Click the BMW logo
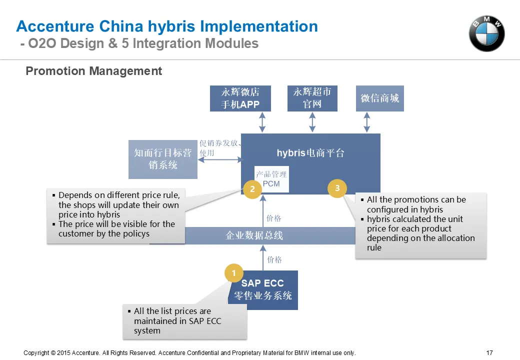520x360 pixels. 486,34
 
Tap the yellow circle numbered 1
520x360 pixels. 234,273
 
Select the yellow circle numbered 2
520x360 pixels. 252,189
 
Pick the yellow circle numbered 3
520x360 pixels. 337,188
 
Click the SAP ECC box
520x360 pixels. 262,290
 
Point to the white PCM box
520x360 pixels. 271,179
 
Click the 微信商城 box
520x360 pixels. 379,98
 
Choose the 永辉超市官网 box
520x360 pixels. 312,98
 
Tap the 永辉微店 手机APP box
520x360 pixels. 240,98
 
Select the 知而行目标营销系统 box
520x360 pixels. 163,159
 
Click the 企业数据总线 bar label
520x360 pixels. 254,235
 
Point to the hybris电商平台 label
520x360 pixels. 310,153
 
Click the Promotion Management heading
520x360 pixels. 94,71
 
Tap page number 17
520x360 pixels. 489,352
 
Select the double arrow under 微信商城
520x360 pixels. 367,122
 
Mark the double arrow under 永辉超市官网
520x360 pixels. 312,122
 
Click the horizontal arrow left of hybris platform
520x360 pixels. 220,160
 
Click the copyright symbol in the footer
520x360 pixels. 53,353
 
